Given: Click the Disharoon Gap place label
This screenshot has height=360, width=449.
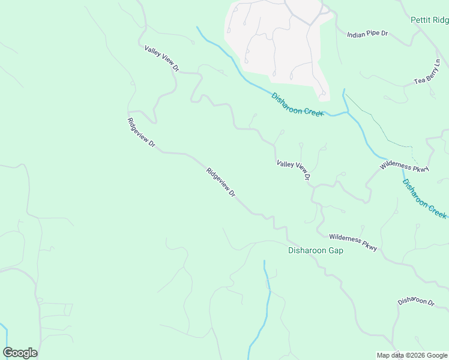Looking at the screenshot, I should pos(316,250).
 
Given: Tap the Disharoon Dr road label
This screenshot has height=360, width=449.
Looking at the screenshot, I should pos(415,302).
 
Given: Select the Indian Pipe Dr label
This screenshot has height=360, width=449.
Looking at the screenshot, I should pos(367,34).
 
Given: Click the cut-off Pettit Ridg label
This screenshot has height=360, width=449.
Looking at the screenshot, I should pos(429,20).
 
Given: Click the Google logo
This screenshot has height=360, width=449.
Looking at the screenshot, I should pos(20,353).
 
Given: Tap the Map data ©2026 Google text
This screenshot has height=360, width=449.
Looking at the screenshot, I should pos(412,355).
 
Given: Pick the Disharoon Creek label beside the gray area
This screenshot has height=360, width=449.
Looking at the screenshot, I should pos(297,104).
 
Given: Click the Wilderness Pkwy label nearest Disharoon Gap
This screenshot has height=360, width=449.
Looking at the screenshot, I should pos(353,242).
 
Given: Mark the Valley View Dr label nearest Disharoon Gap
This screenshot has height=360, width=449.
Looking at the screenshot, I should pos(293,170).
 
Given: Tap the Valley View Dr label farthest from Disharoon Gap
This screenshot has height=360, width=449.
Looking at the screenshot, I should pos(162,58).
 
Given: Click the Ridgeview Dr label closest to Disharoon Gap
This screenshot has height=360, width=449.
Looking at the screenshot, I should pos(220,183).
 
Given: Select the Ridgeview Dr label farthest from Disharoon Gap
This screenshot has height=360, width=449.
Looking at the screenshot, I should pos(142,133).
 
